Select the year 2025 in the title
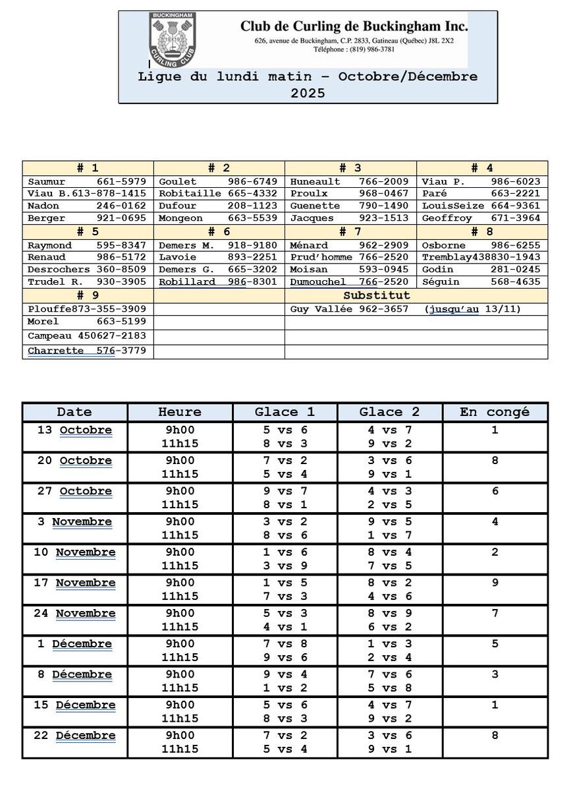pyautogui.click(x=308, y=93)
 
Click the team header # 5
pyautogui.click(x=88, y=232)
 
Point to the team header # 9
pyautogui.click(x=88, y=295)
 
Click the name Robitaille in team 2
pyautogui.click(x=181, y=194)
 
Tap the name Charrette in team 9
pyautogui.click(x=55, y=351)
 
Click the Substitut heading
pyautogui.click(x=376, y=295)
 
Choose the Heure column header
pyautogui.click(x=180, y=412)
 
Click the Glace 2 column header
pyautogui.click(x=389, y=412)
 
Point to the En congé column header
pyautogui.click(x=495, y=412)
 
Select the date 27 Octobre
pyautogui.click(x=74, y=491)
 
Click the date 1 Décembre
pyautogui.click(x=76, y=644)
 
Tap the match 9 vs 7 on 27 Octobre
pyautogui.click(x=285, y=491)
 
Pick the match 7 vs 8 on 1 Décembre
pyautogui.click(x=285, y=644)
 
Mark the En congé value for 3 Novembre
pyautogui.click(x=495, y=521)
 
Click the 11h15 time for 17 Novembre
pyautogui.click(x=180, y=596)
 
